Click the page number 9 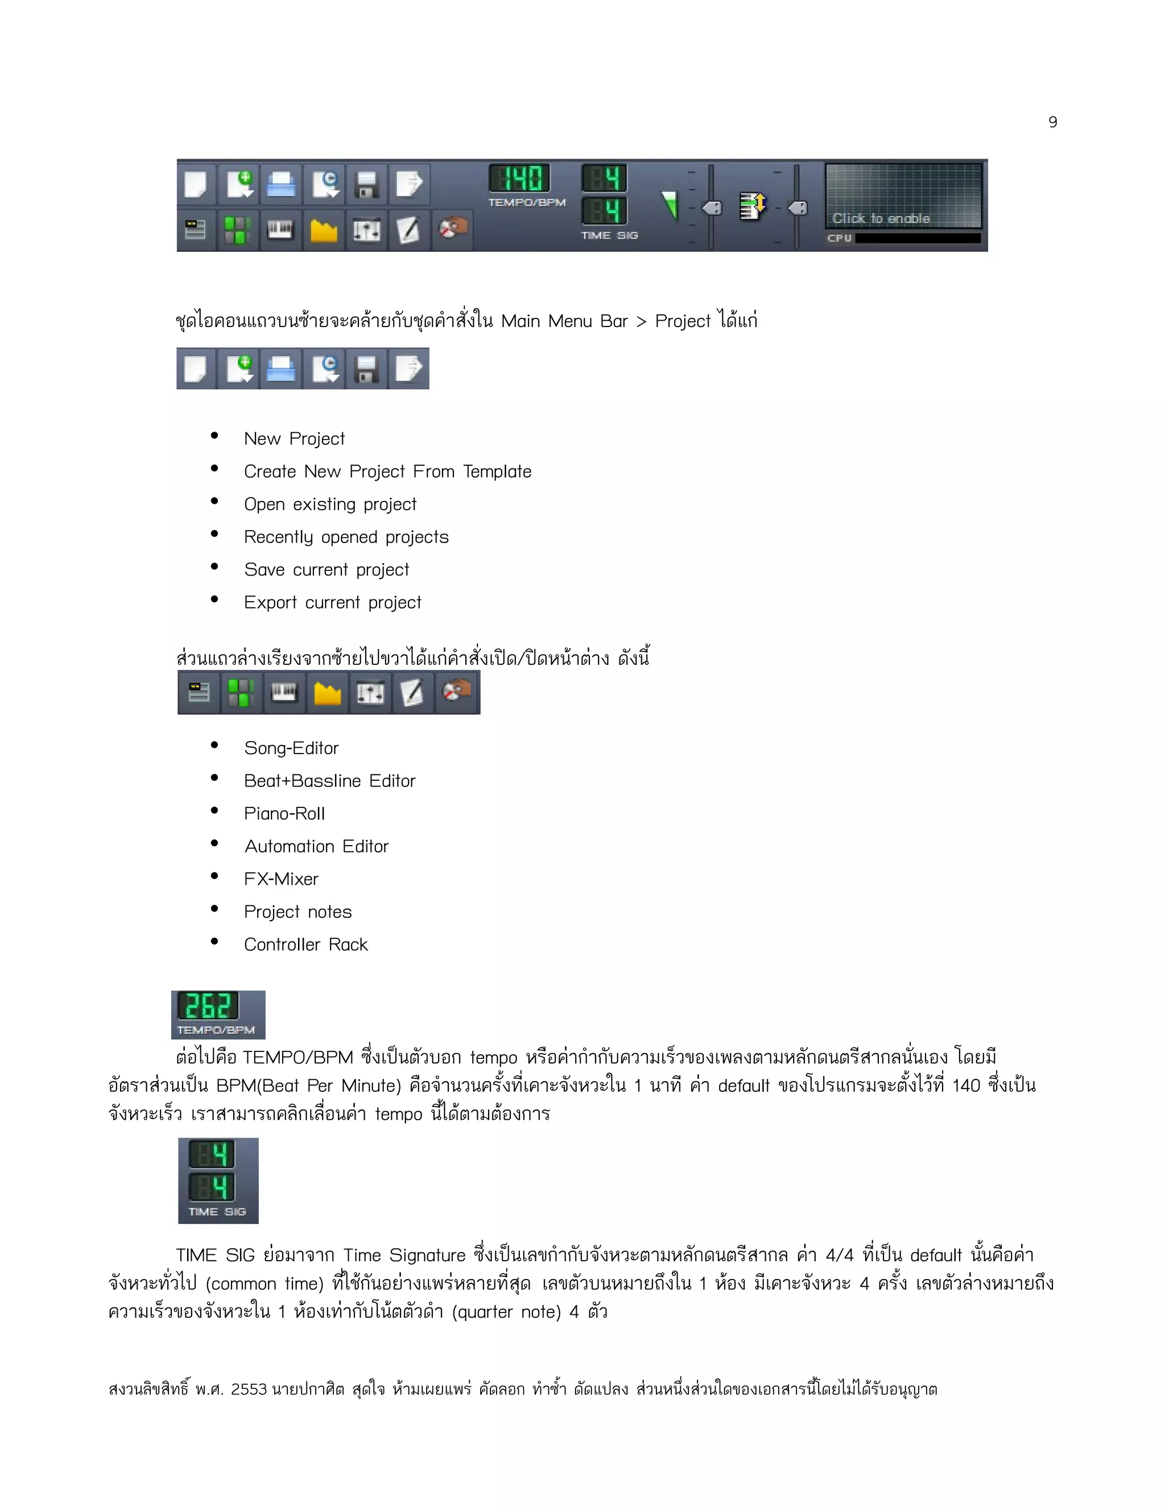point(1052,122)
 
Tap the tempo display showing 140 point(520,178)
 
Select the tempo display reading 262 point(208,1006)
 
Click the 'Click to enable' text point(881,218)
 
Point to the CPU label point(839,238)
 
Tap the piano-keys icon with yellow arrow point(751,206)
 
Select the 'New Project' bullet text point(294,439)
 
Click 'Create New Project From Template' point(387,471)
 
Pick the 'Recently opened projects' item point(346,537)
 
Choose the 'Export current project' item point(332,602)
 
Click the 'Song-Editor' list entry point(291,748)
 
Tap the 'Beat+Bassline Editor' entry point(329,780)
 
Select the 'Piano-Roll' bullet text point(284,814)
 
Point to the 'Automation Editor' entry point(316,846)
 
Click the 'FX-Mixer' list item point(281,879)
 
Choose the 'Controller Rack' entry point(305,945)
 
